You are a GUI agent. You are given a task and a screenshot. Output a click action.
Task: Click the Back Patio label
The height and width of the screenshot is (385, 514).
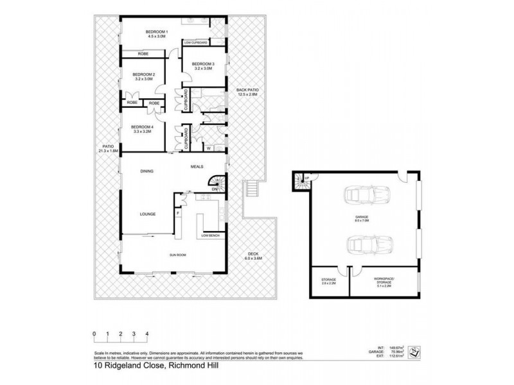click(x=246, y=92)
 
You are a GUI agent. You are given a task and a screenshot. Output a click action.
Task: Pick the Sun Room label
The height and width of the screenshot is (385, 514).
click(x=178, y=255)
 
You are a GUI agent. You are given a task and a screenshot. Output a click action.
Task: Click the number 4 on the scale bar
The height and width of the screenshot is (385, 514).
click(x=147, y=334)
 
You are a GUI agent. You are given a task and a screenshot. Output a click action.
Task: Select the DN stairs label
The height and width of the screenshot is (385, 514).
click(x=216, y=189)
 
